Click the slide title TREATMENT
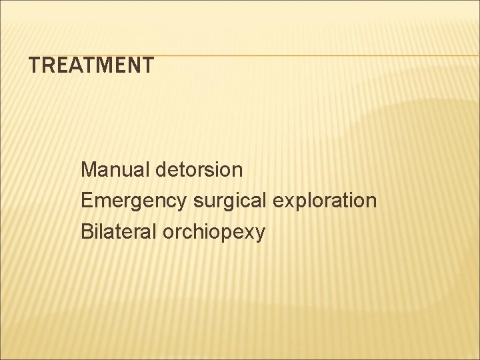pyautogui.click(x=91, y=65)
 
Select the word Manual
pyautogui.click(x=115, y=170)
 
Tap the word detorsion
pyautogui.click(x=199, y=170)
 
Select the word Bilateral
pyautogui.click(x=118, y=231)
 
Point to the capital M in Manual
pyautogui.click(x=88, y=170)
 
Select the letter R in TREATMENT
pyautogui.click(x=51, y=65)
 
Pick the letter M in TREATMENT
pyautogui.click(x=112, y=65)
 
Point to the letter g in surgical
pyautogui.click(x=218, y=203)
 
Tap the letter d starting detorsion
pyautogui.click(x=162, y=170)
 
